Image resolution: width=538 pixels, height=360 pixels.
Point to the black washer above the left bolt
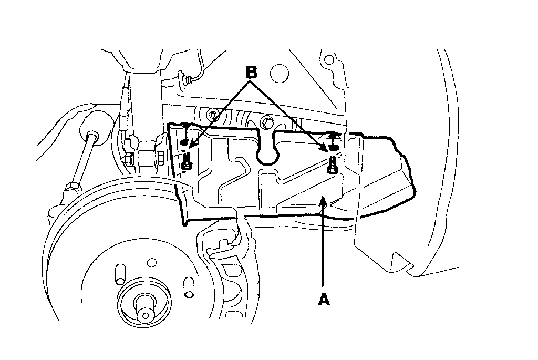[x=184, y=143]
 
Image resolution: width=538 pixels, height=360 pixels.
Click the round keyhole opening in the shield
[x=268, y=153]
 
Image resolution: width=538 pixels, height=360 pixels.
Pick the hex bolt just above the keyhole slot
[x=266, y=123]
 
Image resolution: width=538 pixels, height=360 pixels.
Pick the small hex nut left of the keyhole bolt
[x=213, y=114]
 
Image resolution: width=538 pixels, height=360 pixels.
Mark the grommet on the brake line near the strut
[x=185, y=81]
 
